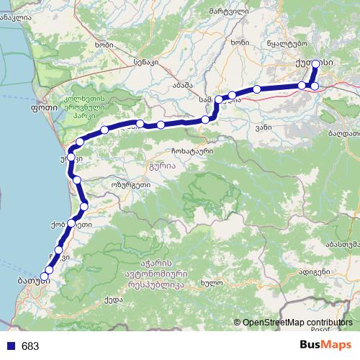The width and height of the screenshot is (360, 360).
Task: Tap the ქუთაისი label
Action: click(x=314, y=63)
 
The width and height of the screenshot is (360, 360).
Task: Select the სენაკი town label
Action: click(x=145, y=63)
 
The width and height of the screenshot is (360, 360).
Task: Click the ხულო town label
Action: click(x=210, y=282)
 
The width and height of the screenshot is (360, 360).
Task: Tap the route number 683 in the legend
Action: click(x=30, y=346)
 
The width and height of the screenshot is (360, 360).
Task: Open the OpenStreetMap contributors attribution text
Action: click(x=297, y=323)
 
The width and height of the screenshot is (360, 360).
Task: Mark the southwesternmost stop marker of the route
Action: click(x=44, y=276)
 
